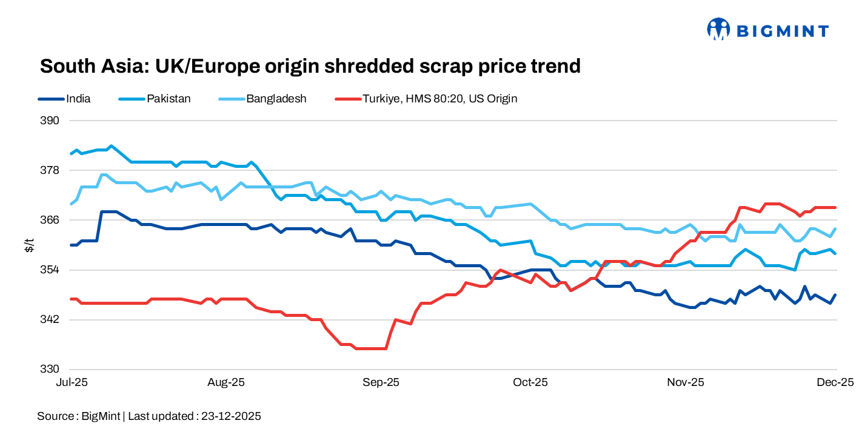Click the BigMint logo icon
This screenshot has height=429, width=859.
click(x=718, y=28)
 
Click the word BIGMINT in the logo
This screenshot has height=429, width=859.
click(x=782, y=30)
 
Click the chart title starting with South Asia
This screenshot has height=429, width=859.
click(x=310, y=66)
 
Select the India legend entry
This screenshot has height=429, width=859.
click(x=78, y=98)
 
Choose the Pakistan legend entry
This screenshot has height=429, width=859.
click(x=169, y=98)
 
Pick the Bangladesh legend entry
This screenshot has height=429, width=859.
click(x=276, y=98)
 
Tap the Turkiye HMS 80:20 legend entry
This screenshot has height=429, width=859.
click(x=440, y=98)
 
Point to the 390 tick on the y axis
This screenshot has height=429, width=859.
click(x=51, y=121)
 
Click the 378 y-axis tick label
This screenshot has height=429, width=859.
click(x=51, y=170)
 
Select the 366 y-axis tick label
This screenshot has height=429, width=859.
click(x=51, y=220)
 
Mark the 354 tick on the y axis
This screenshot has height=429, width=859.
click(x=51, y=270)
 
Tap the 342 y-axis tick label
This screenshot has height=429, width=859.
click(x=51, y=319)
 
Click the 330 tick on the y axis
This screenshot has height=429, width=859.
click(x=51, y=369)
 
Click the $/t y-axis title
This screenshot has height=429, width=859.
click(x=28, y=245)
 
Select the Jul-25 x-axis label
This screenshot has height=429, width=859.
click(x=71, y=382)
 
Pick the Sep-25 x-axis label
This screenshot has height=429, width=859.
click(x=381, y=382)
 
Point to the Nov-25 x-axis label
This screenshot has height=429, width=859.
click(x=685, y=382)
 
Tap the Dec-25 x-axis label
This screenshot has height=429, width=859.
click(x=835, y=382)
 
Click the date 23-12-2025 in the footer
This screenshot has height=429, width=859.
click(x=231, y=416)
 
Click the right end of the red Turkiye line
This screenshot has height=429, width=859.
click(x=836, y=207)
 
